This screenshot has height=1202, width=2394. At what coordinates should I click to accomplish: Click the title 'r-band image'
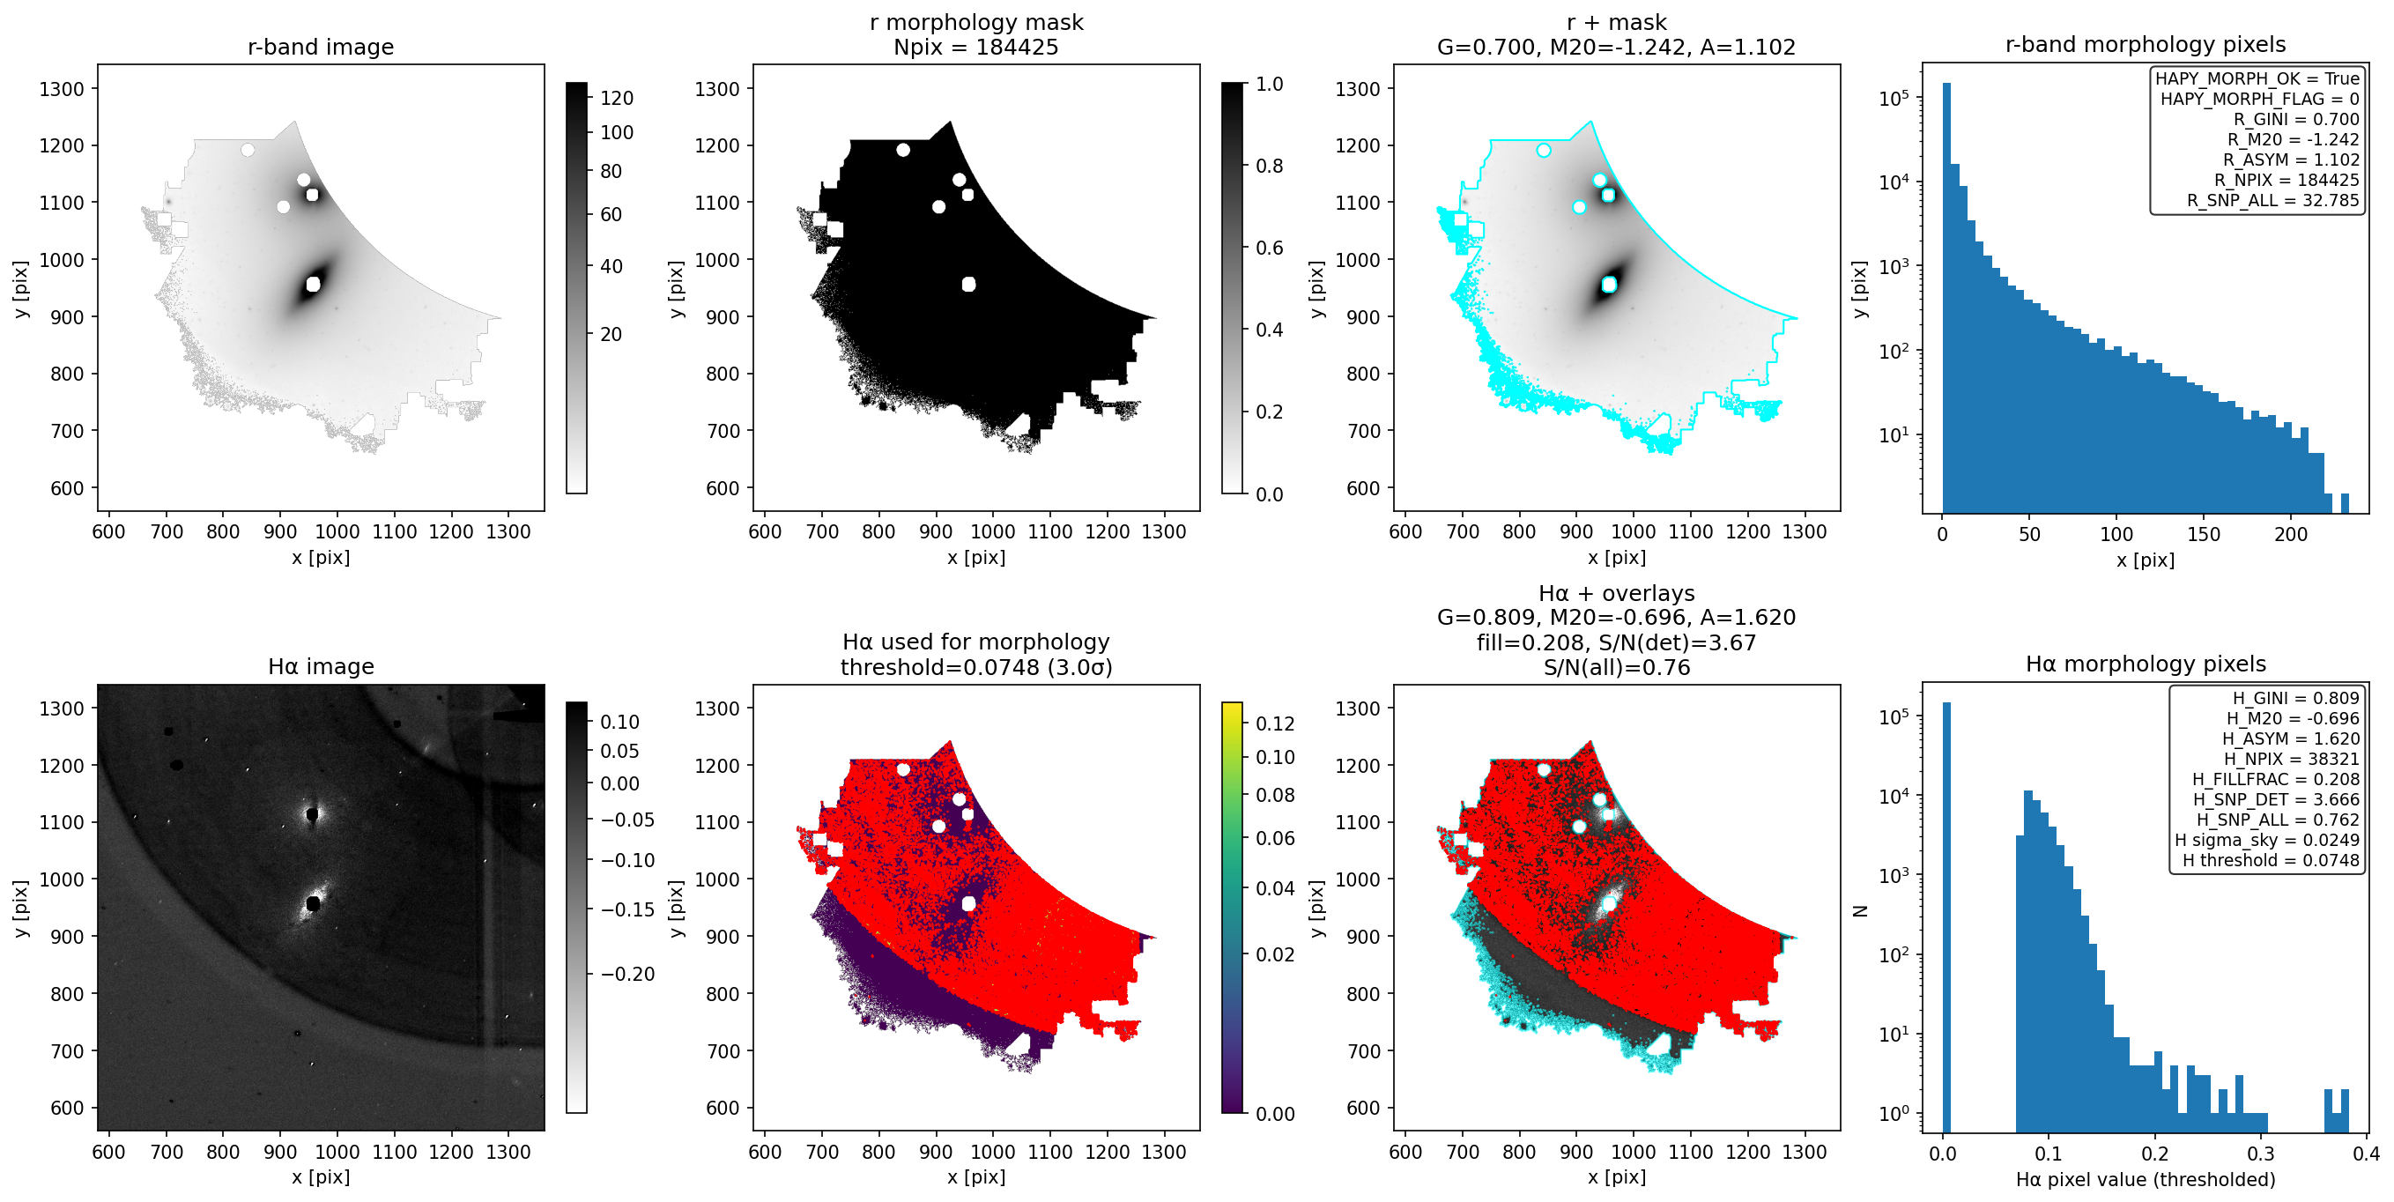(x=321, y=47)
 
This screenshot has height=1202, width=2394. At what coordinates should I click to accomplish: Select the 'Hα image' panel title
(x=321, y=665)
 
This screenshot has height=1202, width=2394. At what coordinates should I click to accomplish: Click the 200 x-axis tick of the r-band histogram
(x=2291, y=535)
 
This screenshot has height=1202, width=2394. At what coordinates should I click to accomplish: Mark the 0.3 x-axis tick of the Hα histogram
(x=2261, y=1154)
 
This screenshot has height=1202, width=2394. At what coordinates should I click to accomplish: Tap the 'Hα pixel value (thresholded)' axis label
(x=2146, y=1180)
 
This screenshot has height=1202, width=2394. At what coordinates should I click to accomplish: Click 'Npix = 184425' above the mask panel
(x=975, y=47)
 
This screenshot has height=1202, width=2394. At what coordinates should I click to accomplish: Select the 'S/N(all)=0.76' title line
(x=1617, y=667)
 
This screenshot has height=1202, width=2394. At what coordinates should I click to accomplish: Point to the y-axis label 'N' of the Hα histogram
(x=1860, y=911)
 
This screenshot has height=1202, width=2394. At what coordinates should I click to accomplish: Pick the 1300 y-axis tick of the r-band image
(x=62, y=89)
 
